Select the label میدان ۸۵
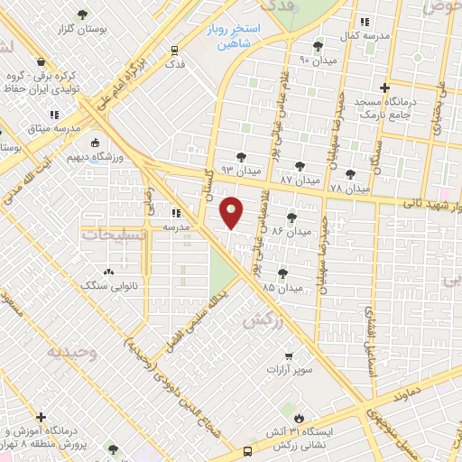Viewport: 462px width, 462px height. pos(282,286)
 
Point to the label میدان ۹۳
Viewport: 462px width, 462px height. pos(241,170)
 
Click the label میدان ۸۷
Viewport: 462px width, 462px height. pos(299,180)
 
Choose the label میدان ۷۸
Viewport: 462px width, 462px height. pos(350,189)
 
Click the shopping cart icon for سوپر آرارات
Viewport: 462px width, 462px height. pos(289,356)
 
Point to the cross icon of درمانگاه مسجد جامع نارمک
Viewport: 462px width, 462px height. pos(385,88)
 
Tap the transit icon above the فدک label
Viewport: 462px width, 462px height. pos(174,51)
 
